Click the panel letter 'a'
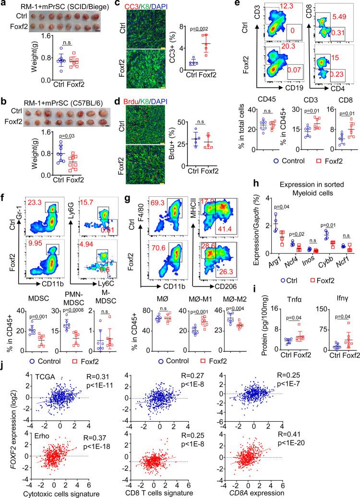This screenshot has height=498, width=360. coord(3,5)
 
